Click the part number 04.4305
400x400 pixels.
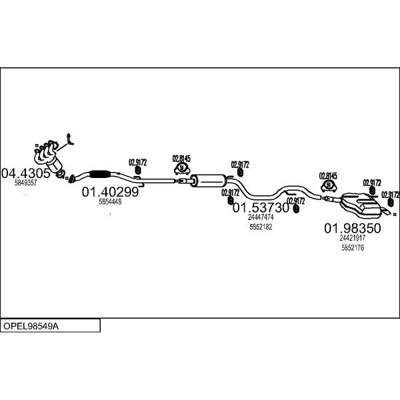coord(26,173)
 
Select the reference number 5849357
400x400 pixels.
coord(25,183)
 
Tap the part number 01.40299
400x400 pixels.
coord(110,192)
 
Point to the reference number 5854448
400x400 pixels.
coord(110,202)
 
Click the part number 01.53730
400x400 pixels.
coord(261,207)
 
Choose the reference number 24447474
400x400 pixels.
coord(261,217)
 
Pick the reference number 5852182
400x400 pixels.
coord(261,227)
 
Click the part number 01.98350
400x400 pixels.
coord(352,228)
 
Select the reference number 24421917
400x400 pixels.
coord(352,238)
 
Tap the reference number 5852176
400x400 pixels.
coord(353,247)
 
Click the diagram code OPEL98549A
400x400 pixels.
coord(31,326)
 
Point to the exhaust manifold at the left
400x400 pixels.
coord(49,157)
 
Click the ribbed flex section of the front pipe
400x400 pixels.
coord(100,174)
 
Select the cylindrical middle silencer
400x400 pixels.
coord(208,181)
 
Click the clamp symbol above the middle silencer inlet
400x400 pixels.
coord(181,169)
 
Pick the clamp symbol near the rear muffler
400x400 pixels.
coord(329,185)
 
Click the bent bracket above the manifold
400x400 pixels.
coord(69,139)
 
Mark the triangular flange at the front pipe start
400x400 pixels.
coord(71,179)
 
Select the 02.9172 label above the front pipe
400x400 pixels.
coord(138,162)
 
